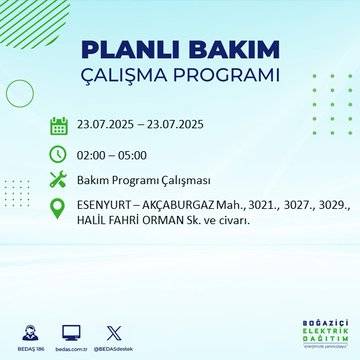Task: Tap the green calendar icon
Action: pyautogui.click(x=59, y=126)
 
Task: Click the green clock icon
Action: pyautogui.click(x=59, y=154)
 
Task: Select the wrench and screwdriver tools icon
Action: pyautogui.click(x=59, y=181)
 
